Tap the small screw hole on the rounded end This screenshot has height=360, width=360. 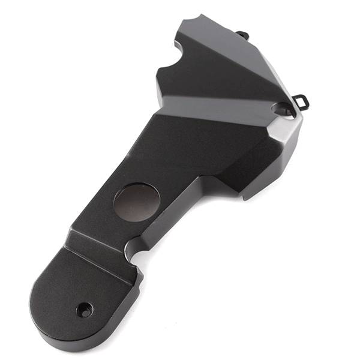click(x=85, y=310)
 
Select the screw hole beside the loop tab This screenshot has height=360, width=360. click(x=283, y=109)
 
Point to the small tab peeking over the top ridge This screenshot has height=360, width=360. click(x=242, y=35)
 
